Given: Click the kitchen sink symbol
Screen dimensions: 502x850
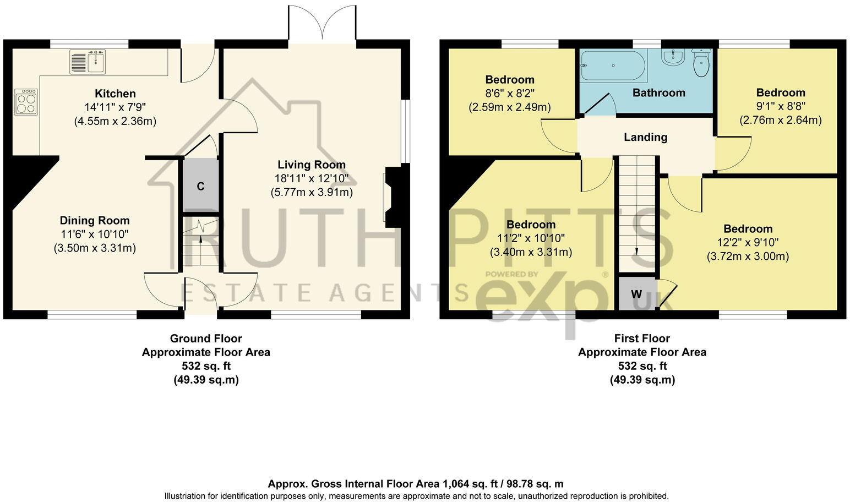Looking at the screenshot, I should point(88,61).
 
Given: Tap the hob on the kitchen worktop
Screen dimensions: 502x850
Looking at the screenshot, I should point(26,101).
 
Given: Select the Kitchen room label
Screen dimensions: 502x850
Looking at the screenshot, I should point(115,94).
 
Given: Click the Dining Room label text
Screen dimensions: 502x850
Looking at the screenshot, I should point(95,221).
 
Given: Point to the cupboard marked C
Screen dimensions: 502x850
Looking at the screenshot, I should point(200,186).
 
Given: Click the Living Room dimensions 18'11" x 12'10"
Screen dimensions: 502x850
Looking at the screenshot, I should point(311,178).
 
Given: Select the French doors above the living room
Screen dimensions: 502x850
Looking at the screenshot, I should point(322,25).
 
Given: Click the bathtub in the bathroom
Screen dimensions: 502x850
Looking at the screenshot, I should point(612,66).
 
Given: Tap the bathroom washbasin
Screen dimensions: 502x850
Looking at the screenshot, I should point(672,56).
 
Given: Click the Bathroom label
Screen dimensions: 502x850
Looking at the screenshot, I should point(658,93).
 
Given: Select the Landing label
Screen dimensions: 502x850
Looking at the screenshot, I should point(645,137).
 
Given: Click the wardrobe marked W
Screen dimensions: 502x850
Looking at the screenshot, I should point(636,294).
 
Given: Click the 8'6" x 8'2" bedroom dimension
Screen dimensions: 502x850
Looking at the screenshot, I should point(509,94).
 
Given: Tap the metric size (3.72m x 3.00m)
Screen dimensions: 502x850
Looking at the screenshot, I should point(748,256).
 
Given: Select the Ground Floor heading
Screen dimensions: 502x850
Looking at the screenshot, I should point(205,339).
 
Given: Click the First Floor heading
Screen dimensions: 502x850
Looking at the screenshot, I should point(642,339).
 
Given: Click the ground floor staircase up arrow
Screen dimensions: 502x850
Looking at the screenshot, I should point(200,238).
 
